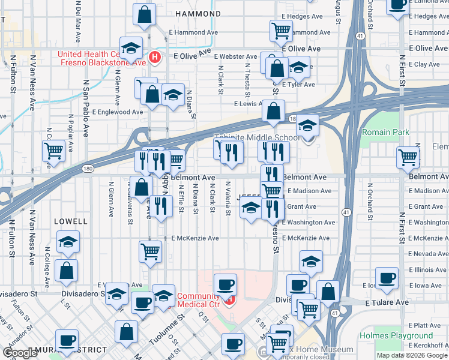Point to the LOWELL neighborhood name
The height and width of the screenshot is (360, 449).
pyautogui.click(x=70, y=221)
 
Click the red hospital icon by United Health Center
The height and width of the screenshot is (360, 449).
pyautogui.click(x=155, y=58)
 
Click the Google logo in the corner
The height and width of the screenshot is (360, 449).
pyautogui.click(x=20, y=353)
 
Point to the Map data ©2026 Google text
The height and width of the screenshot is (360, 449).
pyautogui.click(x=412, y=355)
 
